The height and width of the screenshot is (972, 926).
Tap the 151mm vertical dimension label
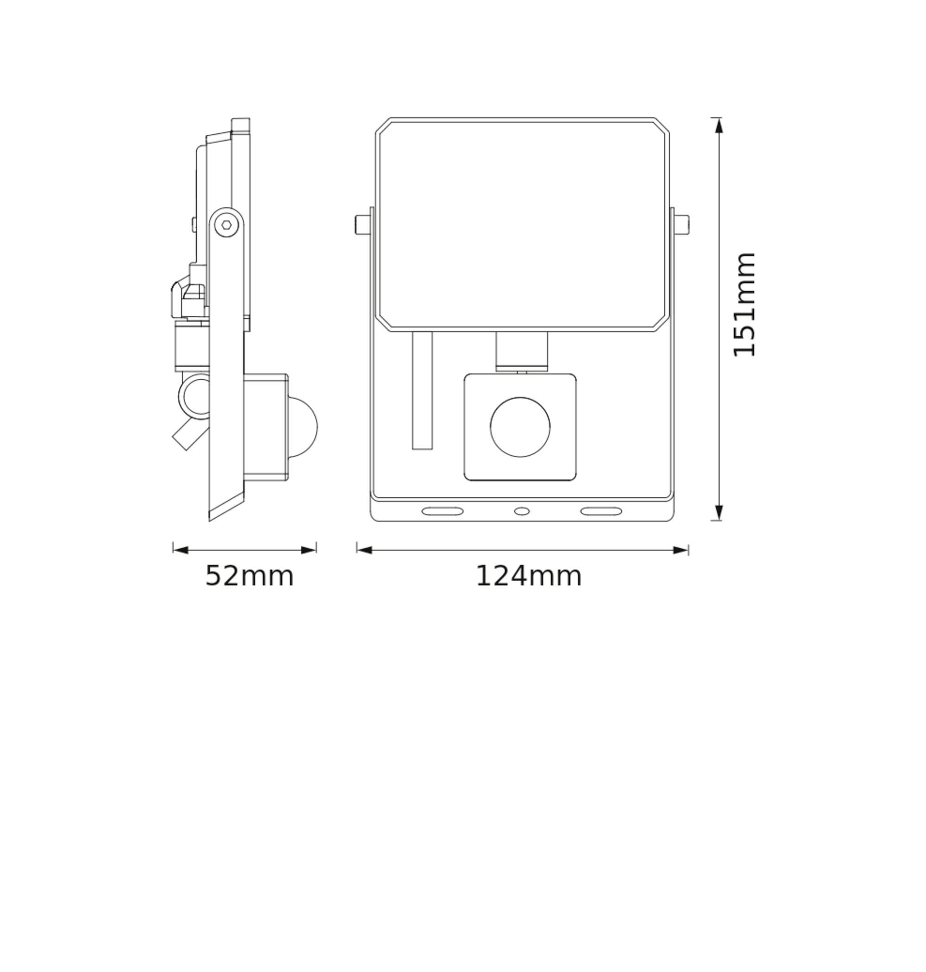pyautogui.click(x=745, y=305)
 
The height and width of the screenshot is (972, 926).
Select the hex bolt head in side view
pyautogui.click(x=226, y=225)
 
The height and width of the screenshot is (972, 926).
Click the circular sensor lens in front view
pyautogui.click(x=520, y=427)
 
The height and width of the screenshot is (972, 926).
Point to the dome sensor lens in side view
pyautogui.click(x=302, y=427)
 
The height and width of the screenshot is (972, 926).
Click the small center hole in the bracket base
pyautogui.click(x=522, y=511)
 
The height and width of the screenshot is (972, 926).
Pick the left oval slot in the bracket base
pyautogui.click(x=442, y=511)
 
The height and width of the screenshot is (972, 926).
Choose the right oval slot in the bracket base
pyautogui.click(x=601, y=511)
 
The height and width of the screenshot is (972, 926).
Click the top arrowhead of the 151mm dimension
pyautogui.click(x=719, y=126)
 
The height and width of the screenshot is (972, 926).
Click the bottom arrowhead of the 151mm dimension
pyautogui.click(x=719, y=512)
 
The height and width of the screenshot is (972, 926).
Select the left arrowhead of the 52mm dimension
pyautogui.click(x=181, y=550)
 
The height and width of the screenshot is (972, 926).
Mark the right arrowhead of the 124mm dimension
pyautogui.click(x=681, y=550)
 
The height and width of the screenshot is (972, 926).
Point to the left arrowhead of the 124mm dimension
pyautogui.click(x=364, y=550)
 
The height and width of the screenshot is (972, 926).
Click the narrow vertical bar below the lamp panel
pyautogui.click(x=422, y=390)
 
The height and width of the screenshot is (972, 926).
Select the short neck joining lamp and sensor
pyautogui.click(x=522, y=351)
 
